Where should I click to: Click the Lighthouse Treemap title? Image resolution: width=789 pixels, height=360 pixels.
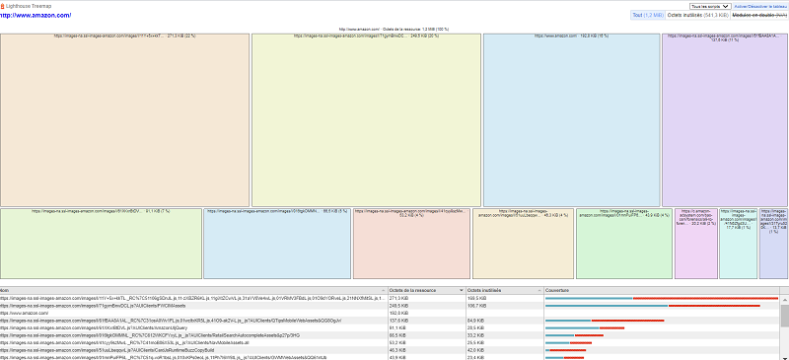39,7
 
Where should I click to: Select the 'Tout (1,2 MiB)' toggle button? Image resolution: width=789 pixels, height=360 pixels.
648,16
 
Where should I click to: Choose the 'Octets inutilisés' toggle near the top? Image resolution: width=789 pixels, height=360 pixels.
698,16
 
